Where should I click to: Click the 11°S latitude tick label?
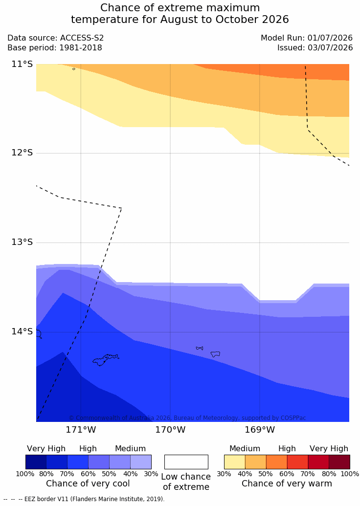coord(22,64)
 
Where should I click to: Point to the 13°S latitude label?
coord(22,242)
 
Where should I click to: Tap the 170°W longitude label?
coord(171,430)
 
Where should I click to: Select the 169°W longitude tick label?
coord(260,430)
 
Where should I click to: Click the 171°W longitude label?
coord(81,430)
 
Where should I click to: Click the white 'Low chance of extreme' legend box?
coord(186,462)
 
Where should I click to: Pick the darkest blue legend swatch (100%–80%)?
coord(36,462)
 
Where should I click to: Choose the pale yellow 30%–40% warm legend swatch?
coord(235,462)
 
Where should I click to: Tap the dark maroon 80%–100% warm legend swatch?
coord(339,462)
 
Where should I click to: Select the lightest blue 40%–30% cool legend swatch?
coord(141,462)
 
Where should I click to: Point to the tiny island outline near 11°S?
coord(74,69)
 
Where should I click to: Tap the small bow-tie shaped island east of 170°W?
coord(200,348)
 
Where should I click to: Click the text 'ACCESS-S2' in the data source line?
coord(82,38)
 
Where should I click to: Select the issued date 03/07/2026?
coord(330,48)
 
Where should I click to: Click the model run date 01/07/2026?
coord(330,38)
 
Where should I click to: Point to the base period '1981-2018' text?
coord(80,48)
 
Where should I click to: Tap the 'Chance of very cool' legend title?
coord(88,484)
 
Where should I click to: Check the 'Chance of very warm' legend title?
coord(287,484)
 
